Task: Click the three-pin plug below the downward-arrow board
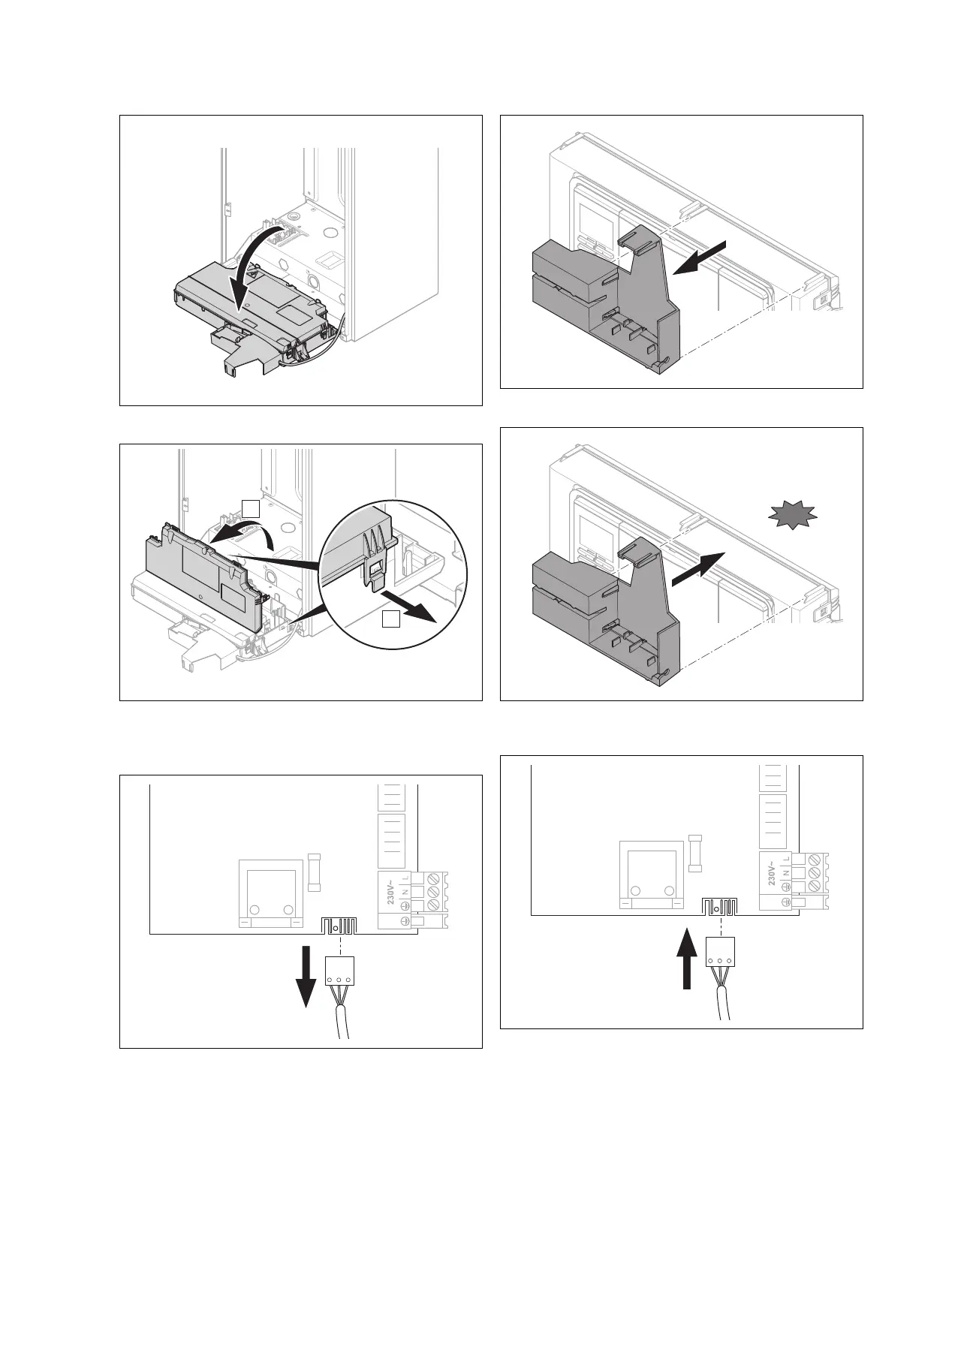pos(339,972)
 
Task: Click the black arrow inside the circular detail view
pos(410,607)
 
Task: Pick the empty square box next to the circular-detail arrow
pos(390,619)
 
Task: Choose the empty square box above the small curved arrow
pos(252,507)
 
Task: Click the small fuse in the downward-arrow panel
pos(315,872)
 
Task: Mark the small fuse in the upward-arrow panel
pos(695,853)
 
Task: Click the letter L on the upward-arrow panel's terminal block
pos(785,857)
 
